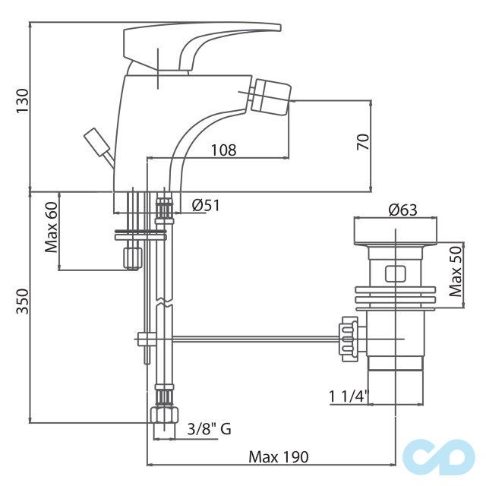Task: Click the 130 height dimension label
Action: pos(22,101)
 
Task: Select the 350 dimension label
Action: pos(22,301)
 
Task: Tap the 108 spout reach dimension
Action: pos(223,150)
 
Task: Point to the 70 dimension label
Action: pos(363,142)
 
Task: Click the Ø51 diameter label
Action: pos(206,205)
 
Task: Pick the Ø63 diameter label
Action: pos(403,210)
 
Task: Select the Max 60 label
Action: pos(51,227)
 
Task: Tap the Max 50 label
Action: pos(456,272)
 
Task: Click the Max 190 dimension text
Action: pos(279,457)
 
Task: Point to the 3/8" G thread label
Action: pos(210,429)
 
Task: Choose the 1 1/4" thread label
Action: pos(349,396)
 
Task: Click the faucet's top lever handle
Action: pos(202,46)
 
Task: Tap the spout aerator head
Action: pos(270,96)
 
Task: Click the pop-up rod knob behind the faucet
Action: pos(96,142)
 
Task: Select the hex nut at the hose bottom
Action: pos(164,415)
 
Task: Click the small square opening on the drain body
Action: pos(395,274)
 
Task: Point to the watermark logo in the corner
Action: pos(439,457)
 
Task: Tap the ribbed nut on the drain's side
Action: pos(349,339)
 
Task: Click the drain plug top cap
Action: pos(395,232)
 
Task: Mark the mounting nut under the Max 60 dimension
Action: pos(133,258)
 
